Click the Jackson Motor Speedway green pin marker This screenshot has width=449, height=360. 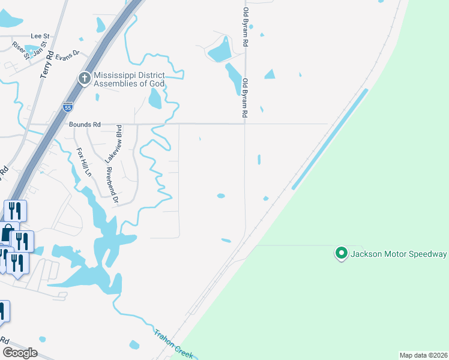click(341, 254)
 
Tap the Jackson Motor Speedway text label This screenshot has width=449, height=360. click(399, 254)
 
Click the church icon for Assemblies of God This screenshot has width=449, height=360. click(85, 78)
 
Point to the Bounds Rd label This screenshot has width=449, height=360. click(85, 124)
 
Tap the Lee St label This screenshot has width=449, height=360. click(40, 36)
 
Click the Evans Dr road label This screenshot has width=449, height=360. click(67, 55)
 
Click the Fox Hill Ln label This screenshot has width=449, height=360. click(83, 161)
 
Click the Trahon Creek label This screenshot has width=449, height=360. click(173, 344)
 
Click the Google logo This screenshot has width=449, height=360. click(19, 352)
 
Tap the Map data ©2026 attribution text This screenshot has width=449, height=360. click(424, 355)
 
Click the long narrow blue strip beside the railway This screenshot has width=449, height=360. click(330, 143)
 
